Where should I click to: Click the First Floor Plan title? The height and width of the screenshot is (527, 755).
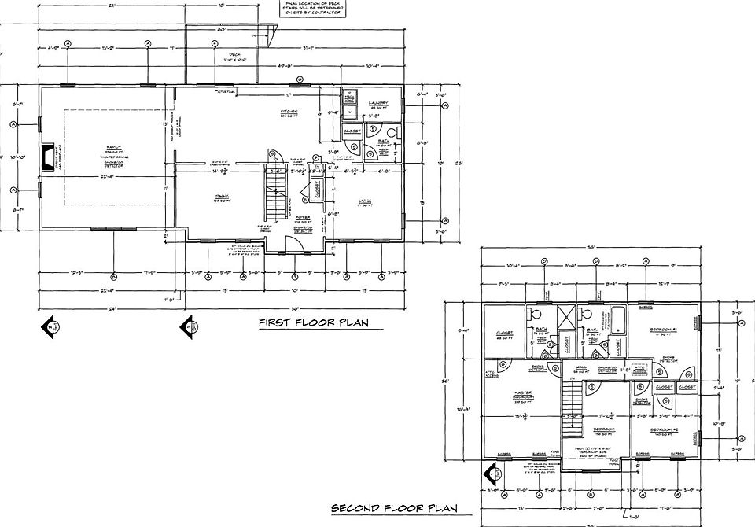(315, 322)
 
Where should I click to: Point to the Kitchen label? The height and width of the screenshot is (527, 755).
(289, 112)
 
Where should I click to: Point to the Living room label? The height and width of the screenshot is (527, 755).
(364, 202)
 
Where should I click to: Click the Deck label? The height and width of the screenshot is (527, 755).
(223, 56)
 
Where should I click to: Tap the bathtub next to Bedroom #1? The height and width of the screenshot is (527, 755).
(619, 320)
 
